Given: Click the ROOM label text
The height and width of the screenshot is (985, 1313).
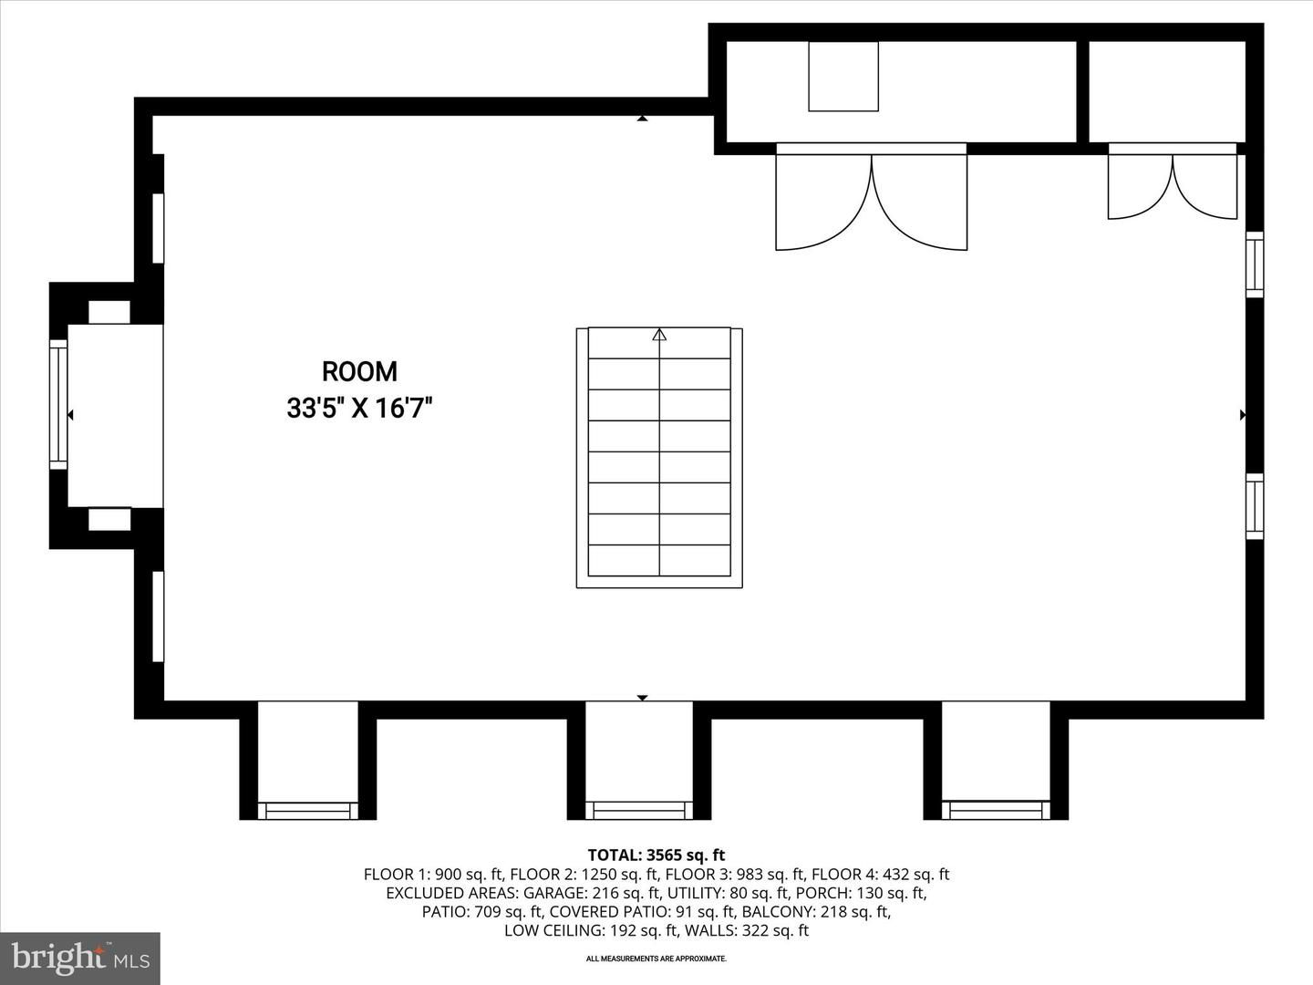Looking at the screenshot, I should coord(359,371).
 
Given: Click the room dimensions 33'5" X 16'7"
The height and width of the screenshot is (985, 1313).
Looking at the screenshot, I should coord(359,408).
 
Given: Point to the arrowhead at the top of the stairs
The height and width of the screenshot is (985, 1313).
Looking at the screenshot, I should coord(659,335).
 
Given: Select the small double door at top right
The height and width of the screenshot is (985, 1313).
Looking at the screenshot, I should coord(1173,185).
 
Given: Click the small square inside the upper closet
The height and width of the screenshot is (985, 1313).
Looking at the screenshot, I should coord(843,77).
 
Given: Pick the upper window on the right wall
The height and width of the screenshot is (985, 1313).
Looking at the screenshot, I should coord(1255,264).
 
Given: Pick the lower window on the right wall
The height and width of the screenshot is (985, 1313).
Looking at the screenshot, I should coord(1255,506).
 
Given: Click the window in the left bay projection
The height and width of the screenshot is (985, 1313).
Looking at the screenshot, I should coord(58,404).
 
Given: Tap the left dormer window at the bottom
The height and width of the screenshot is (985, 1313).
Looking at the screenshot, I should coord(307,810).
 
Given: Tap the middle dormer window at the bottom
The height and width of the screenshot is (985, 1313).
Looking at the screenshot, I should coord(638,810).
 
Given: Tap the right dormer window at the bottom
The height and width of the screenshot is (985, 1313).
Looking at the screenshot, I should coord(996,810).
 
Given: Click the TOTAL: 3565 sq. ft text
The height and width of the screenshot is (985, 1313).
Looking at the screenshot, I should coord(656,855).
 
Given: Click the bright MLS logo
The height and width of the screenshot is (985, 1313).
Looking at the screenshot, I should coord(80,958).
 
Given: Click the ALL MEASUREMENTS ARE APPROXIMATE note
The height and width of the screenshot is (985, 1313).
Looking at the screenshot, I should coord(656,959).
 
